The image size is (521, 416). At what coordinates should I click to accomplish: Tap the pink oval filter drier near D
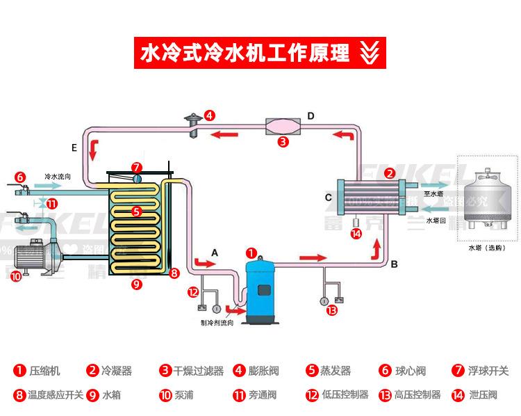[282, 127]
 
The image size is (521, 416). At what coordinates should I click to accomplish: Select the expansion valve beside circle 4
[192, 125]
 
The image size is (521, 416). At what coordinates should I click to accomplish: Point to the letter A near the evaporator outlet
[215, 253]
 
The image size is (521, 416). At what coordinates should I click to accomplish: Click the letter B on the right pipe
[394, 264]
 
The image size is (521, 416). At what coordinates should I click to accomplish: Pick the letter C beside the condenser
[328, 198]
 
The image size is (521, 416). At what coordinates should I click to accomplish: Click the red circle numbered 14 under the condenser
[356, 234]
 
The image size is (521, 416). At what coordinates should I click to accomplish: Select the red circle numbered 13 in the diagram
[331, 310]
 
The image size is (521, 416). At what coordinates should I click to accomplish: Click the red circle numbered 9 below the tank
[136, 283]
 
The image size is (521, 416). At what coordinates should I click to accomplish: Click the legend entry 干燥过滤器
[198, 371]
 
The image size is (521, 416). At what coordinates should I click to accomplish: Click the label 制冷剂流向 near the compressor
[218, 323]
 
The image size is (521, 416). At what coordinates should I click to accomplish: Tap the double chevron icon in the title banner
[370, 52]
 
